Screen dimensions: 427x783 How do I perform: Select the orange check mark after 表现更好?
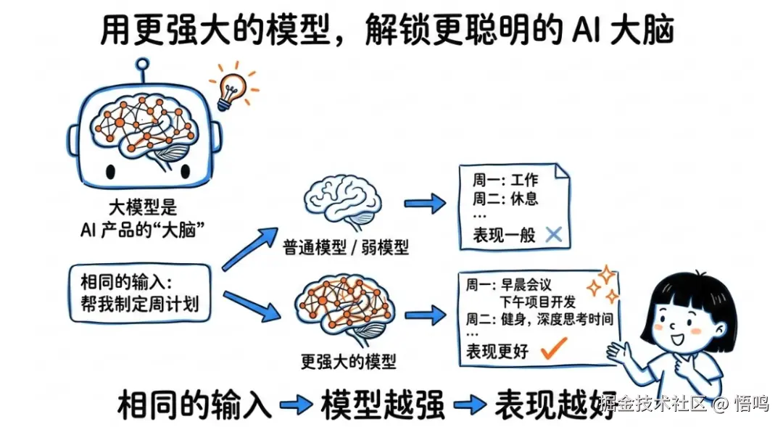tap(554, 349)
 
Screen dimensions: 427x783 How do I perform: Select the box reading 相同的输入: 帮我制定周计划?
tap(141, 293)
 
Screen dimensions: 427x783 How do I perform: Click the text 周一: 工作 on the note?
tap(505, 179)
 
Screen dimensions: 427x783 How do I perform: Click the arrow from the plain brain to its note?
tap(425, 204)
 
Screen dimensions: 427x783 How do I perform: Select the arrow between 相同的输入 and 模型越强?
tap(296, 404)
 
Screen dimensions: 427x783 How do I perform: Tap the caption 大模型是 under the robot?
tap(142, 208)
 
